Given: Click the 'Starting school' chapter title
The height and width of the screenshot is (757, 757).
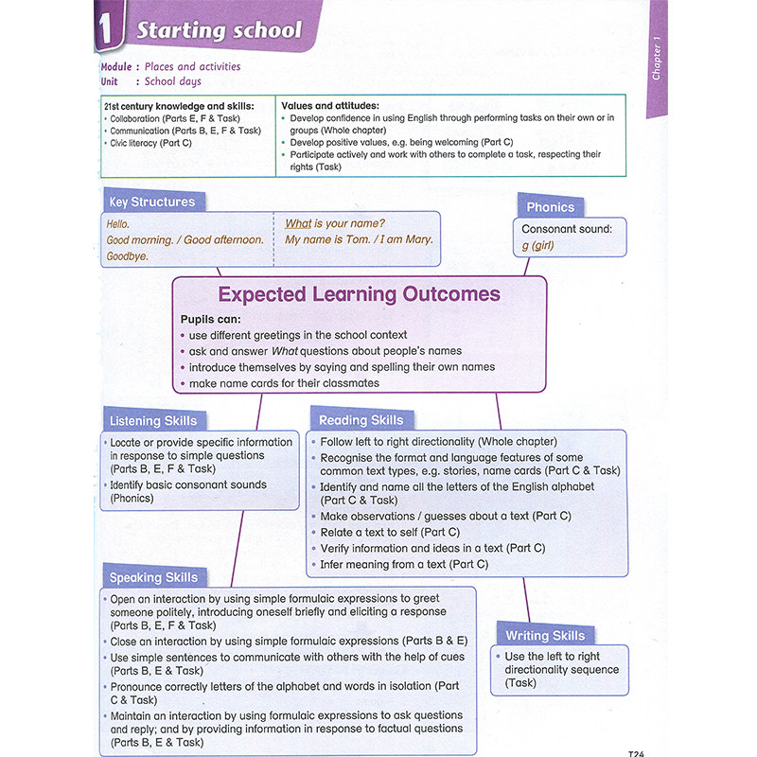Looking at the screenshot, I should point(219,30).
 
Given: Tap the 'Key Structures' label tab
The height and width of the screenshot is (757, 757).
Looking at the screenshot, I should point(151,202).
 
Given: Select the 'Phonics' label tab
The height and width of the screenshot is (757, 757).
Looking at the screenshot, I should point(550,207).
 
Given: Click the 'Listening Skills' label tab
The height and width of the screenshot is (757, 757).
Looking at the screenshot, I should point(153,421).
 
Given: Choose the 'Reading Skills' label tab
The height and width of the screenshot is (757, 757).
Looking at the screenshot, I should point(361,420).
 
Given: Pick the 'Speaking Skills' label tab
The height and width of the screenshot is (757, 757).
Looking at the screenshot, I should point(153,577).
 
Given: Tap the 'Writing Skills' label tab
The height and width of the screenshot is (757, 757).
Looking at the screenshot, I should point(544,635).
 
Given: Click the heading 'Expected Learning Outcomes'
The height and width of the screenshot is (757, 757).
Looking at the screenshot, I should point(359,294).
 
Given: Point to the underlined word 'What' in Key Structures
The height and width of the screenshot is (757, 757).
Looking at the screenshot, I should point(298,223).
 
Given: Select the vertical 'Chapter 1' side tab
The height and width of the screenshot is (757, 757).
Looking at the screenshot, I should point(657,60).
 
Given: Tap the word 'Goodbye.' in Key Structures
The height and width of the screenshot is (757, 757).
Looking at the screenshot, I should point(128,256).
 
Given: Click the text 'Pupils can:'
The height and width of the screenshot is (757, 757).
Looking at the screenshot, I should point(210,319).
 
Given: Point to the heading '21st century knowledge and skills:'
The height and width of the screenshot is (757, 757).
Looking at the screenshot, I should point(179,106).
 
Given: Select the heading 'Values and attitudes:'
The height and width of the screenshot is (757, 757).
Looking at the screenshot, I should point(330,105).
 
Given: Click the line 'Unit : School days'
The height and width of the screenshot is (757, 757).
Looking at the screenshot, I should point(151,81).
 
